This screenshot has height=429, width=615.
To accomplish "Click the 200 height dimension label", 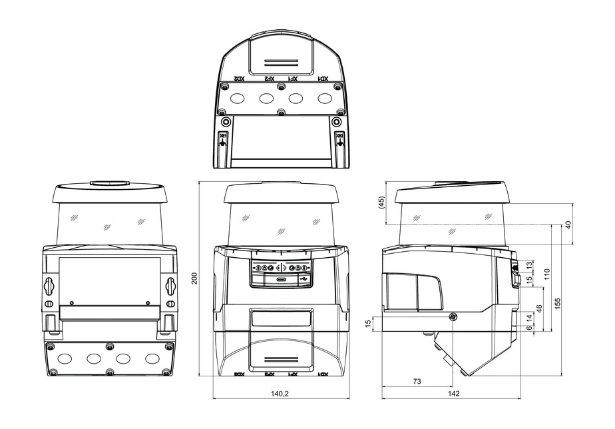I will point(194,278).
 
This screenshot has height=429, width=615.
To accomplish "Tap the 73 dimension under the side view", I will point(416,381).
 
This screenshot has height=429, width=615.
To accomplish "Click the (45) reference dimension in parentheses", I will point(381,203).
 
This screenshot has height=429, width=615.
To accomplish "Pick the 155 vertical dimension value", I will point(558,302).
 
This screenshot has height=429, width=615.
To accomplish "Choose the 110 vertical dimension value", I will point(547,273).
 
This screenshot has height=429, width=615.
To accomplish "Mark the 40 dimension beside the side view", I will point(568,224).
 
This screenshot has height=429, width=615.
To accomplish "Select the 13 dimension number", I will point(528,266).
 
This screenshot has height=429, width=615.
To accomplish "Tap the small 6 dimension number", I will point(528,328).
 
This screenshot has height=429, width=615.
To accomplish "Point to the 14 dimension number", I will point(528,318).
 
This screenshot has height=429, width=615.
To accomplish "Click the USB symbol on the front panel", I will point(304,279).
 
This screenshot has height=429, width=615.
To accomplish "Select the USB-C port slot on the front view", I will point(282,280).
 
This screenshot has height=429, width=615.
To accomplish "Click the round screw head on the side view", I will point(453,317).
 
